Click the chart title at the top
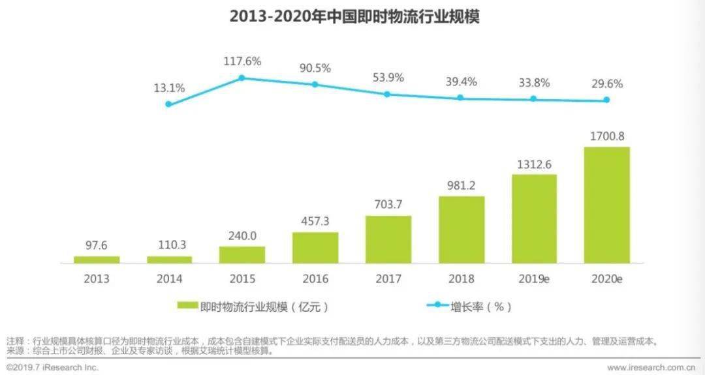click(x=354, y=17)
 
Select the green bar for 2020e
click(x=606, y=205)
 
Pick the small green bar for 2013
click(x=97, y=260)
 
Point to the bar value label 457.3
click(x=315, y=221)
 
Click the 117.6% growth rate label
click(x=242, y=62)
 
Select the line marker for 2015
click(x=242, y=78)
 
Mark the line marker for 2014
click(x=168, y=104)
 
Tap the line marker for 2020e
click(x=606, y=100)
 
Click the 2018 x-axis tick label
click(x=461, y=279)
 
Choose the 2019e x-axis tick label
click(x=534, y=279)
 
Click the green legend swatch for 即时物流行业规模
click(x=187, y=305)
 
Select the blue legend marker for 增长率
click(x=438, y=305)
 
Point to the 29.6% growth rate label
click(x=606, y=84)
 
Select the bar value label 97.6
click(x=97, y=245)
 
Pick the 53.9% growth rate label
click(x=388, y=78)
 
